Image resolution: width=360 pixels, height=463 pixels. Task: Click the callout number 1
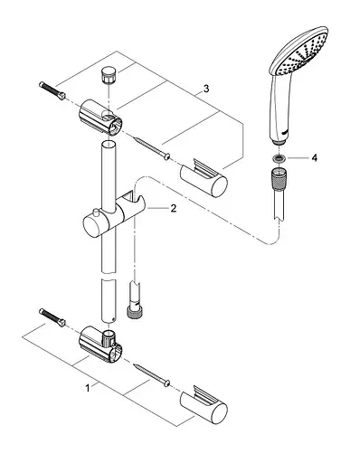tap(88, 388)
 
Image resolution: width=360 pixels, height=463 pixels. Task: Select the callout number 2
tap(174, 208)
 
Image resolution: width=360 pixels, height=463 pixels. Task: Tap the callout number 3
tap(206, 89)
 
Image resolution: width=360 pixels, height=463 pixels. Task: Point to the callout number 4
tap(315, 157)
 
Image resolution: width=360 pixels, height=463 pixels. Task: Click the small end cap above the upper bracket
tap(108, 75)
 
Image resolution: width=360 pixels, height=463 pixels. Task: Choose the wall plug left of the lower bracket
tap(52, 317)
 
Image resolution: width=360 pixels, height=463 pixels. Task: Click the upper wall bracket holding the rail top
tap(100, 118)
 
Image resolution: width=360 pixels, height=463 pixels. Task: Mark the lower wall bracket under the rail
tap(100, 344)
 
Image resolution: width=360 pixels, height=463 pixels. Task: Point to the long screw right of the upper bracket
tap(151, 147)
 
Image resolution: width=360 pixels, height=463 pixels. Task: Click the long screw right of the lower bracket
tap(151, 374)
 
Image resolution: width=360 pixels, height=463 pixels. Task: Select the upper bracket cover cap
tap(204, 178)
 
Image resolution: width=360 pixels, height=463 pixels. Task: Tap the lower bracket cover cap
tap(204, 404)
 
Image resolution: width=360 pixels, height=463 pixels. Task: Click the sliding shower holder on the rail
tap(114, 216)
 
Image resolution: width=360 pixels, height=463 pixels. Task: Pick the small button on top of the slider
tap(97, 212)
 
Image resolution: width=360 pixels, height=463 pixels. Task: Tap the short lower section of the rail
tap(109, 301)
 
